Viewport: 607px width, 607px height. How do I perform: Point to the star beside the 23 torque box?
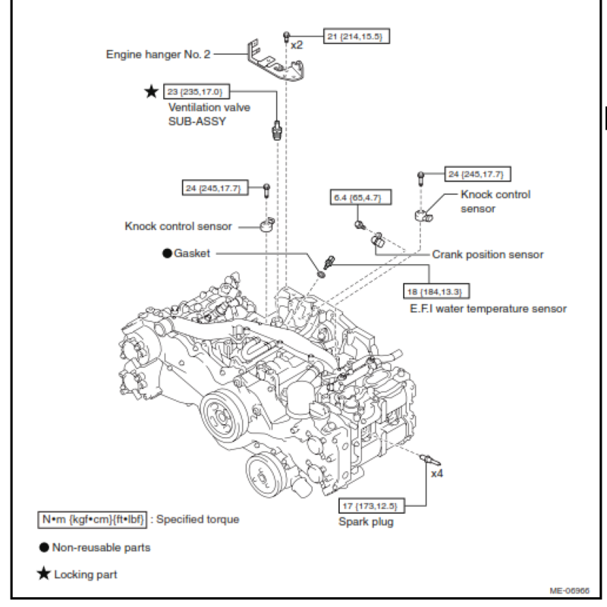[x=152, y=92]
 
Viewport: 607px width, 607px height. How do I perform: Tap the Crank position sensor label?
[x=488, y=254]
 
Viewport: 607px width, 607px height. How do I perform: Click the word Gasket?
[x=191, y=252]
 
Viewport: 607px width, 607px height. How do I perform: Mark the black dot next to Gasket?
[x=165, y=252]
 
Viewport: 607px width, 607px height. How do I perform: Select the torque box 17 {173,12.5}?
[x=372, y=505]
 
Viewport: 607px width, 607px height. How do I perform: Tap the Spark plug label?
[x=366, y=523]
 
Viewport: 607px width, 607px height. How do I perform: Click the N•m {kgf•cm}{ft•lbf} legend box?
[x=93, y=520]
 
